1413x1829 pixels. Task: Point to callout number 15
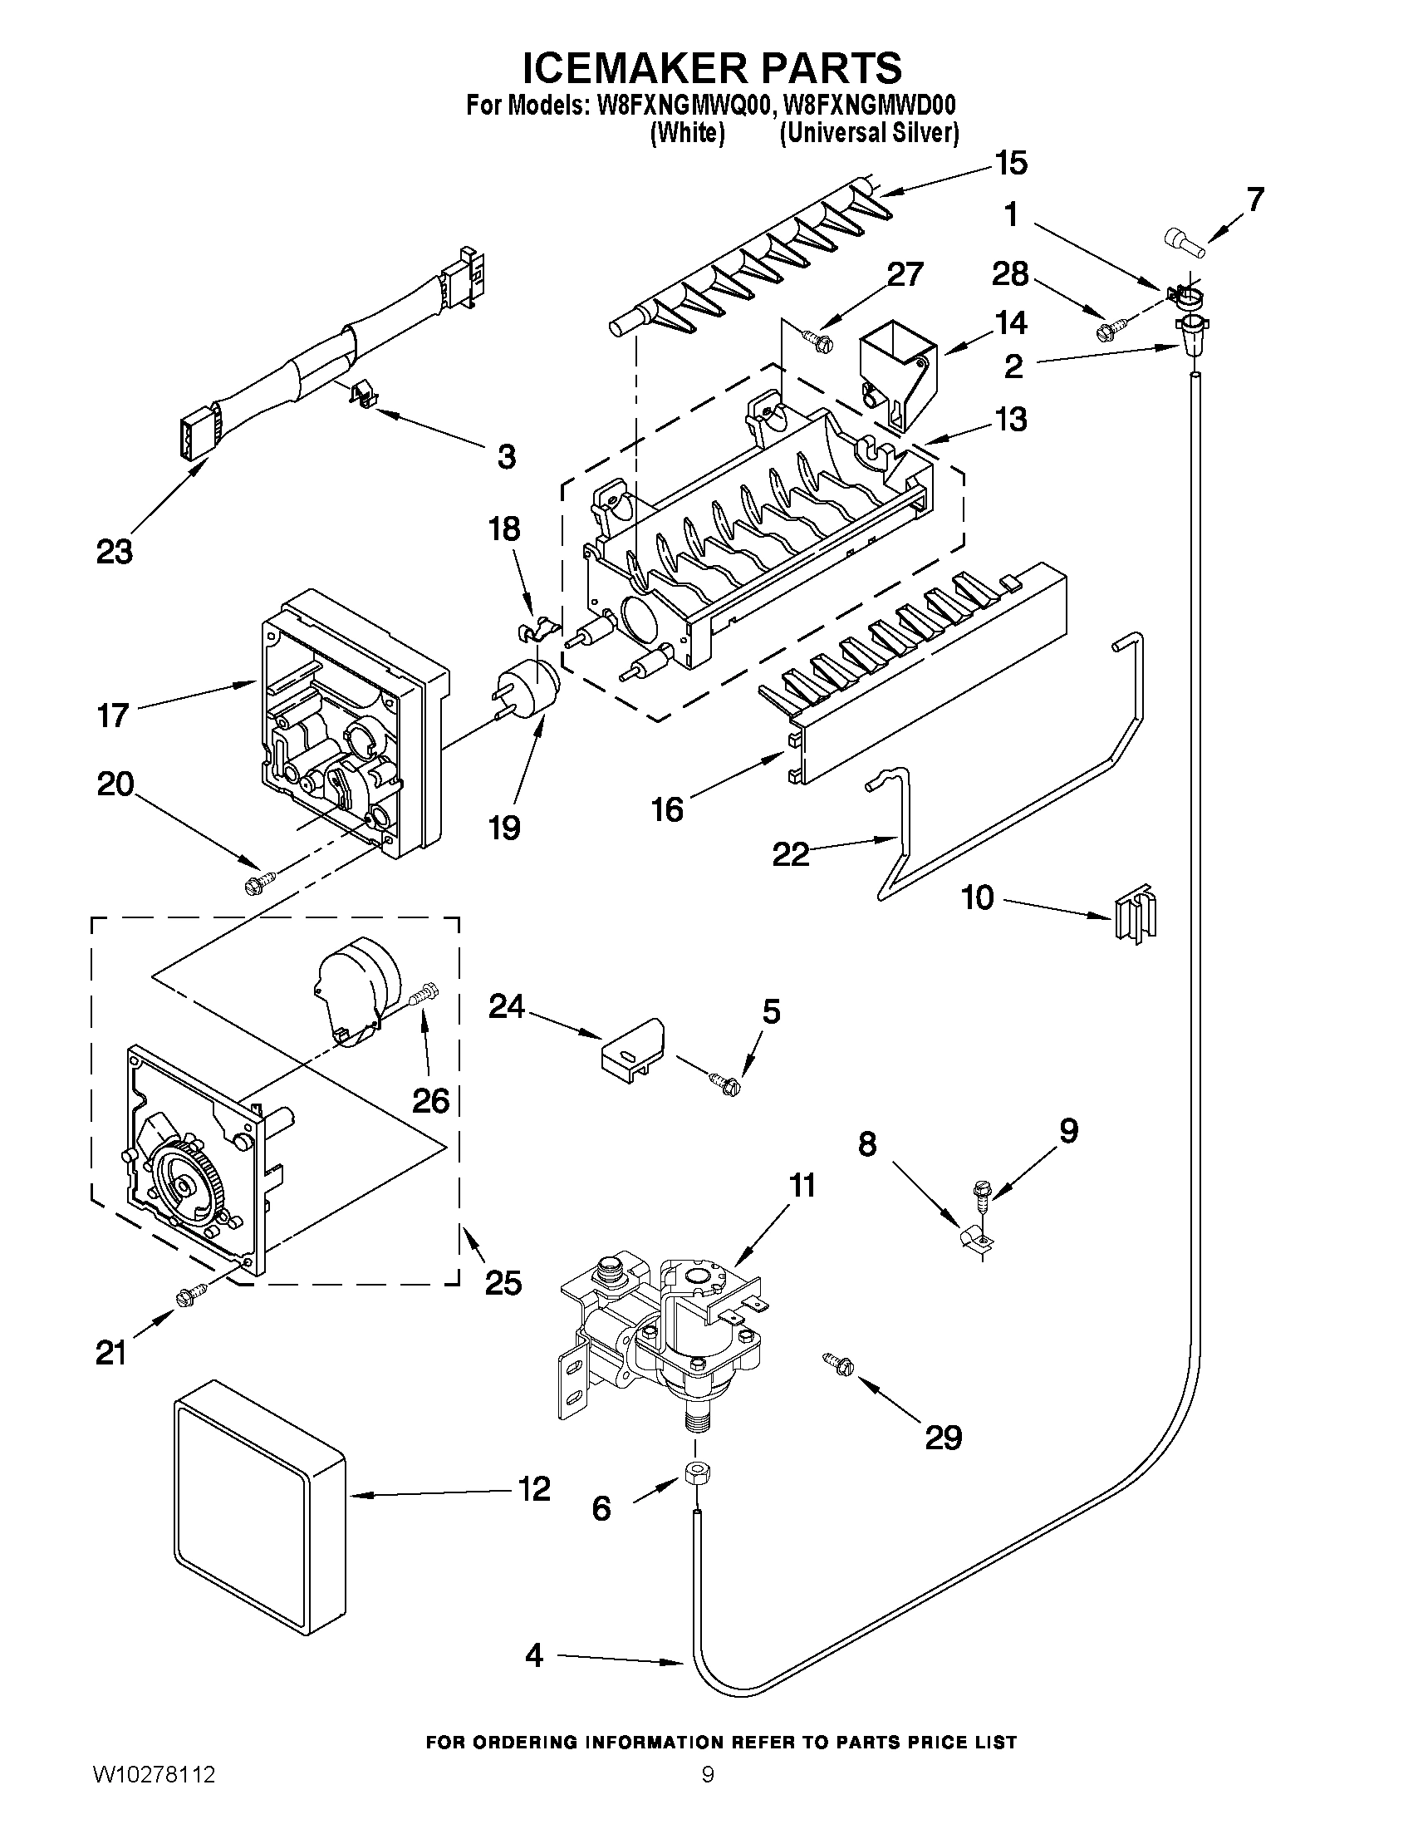pos(1011,164)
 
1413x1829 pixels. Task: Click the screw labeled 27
pos(817,338)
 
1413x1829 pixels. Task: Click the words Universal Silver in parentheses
pos(869,134)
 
